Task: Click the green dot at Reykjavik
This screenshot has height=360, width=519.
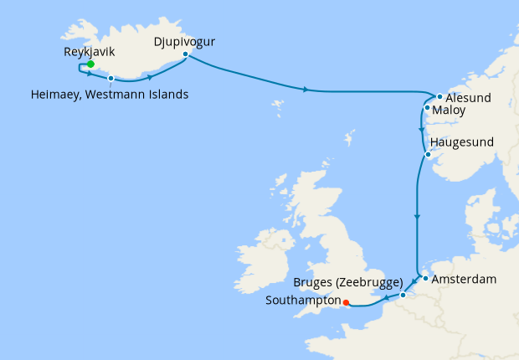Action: pos(90,64)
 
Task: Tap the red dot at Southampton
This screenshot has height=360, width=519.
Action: pos(346,303)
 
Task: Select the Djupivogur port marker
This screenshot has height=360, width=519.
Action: pos(185,54)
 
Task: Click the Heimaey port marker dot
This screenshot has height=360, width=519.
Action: pos(110,78)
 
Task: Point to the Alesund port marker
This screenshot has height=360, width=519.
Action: pos(439,96)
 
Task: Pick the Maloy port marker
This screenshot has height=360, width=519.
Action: pos(427,108)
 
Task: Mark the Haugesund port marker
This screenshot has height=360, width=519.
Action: pos(428,155)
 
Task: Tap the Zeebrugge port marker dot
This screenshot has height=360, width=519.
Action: pos(403,295)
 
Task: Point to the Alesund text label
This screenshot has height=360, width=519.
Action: pos(469,98)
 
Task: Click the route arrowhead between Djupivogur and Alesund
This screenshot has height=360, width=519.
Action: pos(307,90)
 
